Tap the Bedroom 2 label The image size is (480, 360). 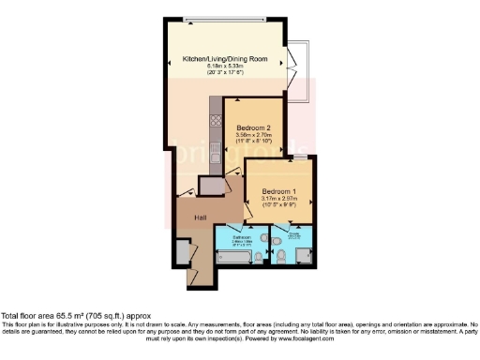coord(253,127)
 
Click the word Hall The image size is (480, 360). coord(200,217)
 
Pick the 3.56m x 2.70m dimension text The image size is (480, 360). coord(253,136)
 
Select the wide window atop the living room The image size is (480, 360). coord(235,19)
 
